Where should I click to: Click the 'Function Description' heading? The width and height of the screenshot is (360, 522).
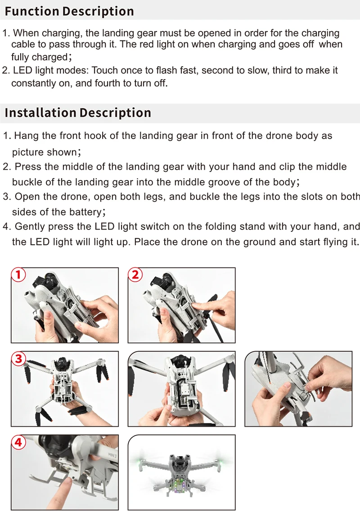[69, 11]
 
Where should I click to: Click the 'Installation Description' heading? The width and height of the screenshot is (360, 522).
[78, 112]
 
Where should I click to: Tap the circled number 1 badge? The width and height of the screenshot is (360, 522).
[18, 274]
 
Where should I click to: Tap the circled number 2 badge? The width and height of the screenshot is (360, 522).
[135, 274]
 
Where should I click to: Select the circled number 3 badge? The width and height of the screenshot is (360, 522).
[18, 359]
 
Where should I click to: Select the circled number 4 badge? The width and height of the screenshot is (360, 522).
[18, 442]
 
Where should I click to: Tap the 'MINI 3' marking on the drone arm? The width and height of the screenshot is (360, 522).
[110, 456]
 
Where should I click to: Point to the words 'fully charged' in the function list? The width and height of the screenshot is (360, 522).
[39, 58]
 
